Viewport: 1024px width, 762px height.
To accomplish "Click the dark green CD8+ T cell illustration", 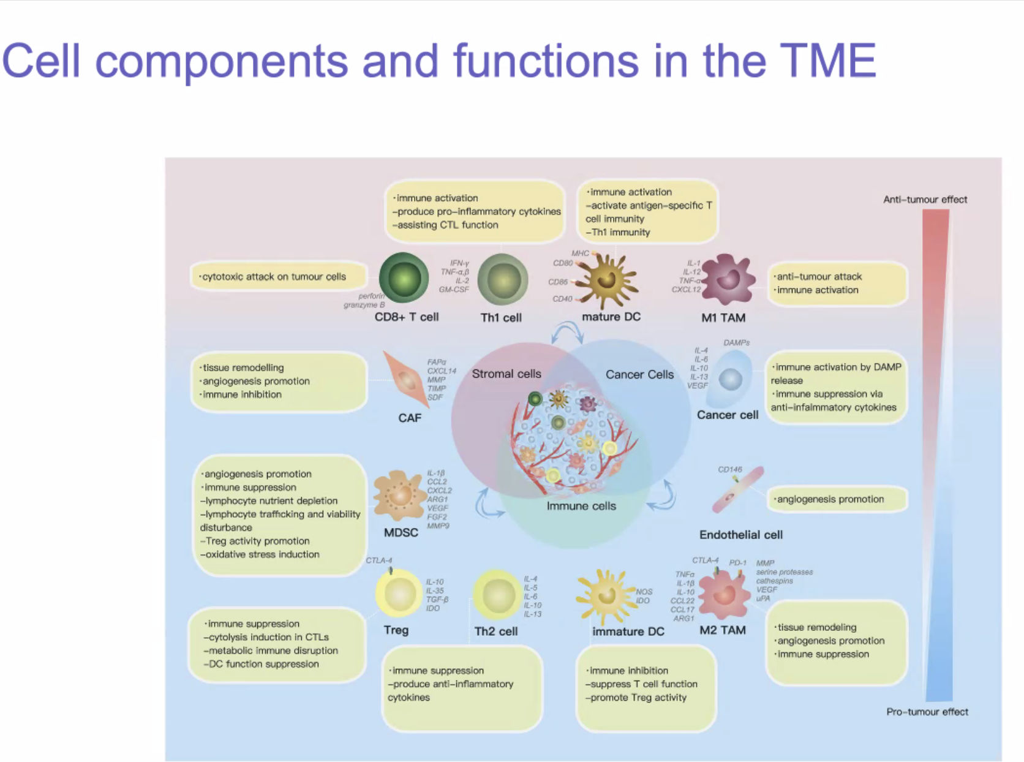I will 404,278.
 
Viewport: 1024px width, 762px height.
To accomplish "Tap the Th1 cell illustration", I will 503,280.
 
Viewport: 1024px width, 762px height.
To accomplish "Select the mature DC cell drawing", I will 607,281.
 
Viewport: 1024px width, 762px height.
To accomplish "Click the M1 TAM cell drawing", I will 728,279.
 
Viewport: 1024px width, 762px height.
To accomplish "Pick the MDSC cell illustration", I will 399,495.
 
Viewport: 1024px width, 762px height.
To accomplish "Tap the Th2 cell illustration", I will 497,595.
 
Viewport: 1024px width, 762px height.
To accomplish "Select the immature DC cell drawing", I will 606,596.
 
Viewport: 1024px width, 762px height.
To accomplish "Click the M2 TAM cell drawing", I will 725,593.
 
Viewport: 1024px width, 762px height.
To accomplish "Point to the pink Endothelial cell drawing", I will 737,490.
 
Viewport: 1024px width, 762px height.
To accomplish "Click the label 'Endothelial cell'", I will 740,535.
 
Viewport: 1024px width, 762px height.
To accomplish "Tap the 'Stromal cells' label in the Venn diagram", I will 506,374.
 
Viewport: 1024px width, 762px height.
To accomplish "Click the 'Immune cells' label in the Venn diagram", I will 581,506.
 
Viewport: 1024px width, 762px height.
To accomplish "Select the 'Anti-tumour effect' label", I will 925,200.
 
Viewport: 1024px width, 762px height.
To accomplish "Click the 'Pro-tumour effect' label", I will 927,712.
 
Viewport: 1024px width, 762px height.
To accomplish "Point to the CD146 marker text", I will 729,470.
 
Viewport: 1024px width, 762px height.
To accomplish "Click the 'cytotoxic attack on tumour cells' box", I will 279,277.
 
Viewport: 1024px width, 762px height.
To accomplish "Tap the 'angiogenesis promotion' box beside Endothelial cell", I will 837,499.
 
